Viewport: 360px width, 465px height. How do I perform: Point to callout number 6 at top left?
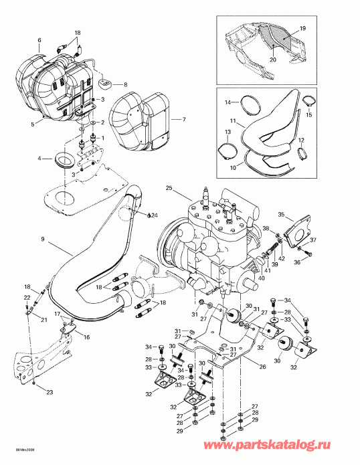pyautogui.click(x=39, y=40)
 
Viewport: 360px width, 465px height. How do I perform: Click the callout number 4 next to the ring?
pyautogui.click(x=40, y=159)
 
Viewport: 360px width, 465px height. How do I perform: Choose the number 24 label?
pyautogui.click(x=154, y=215)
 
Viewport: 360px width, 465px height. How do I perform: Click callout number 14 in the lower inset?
pyautogui.click(x=228, y=102)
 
